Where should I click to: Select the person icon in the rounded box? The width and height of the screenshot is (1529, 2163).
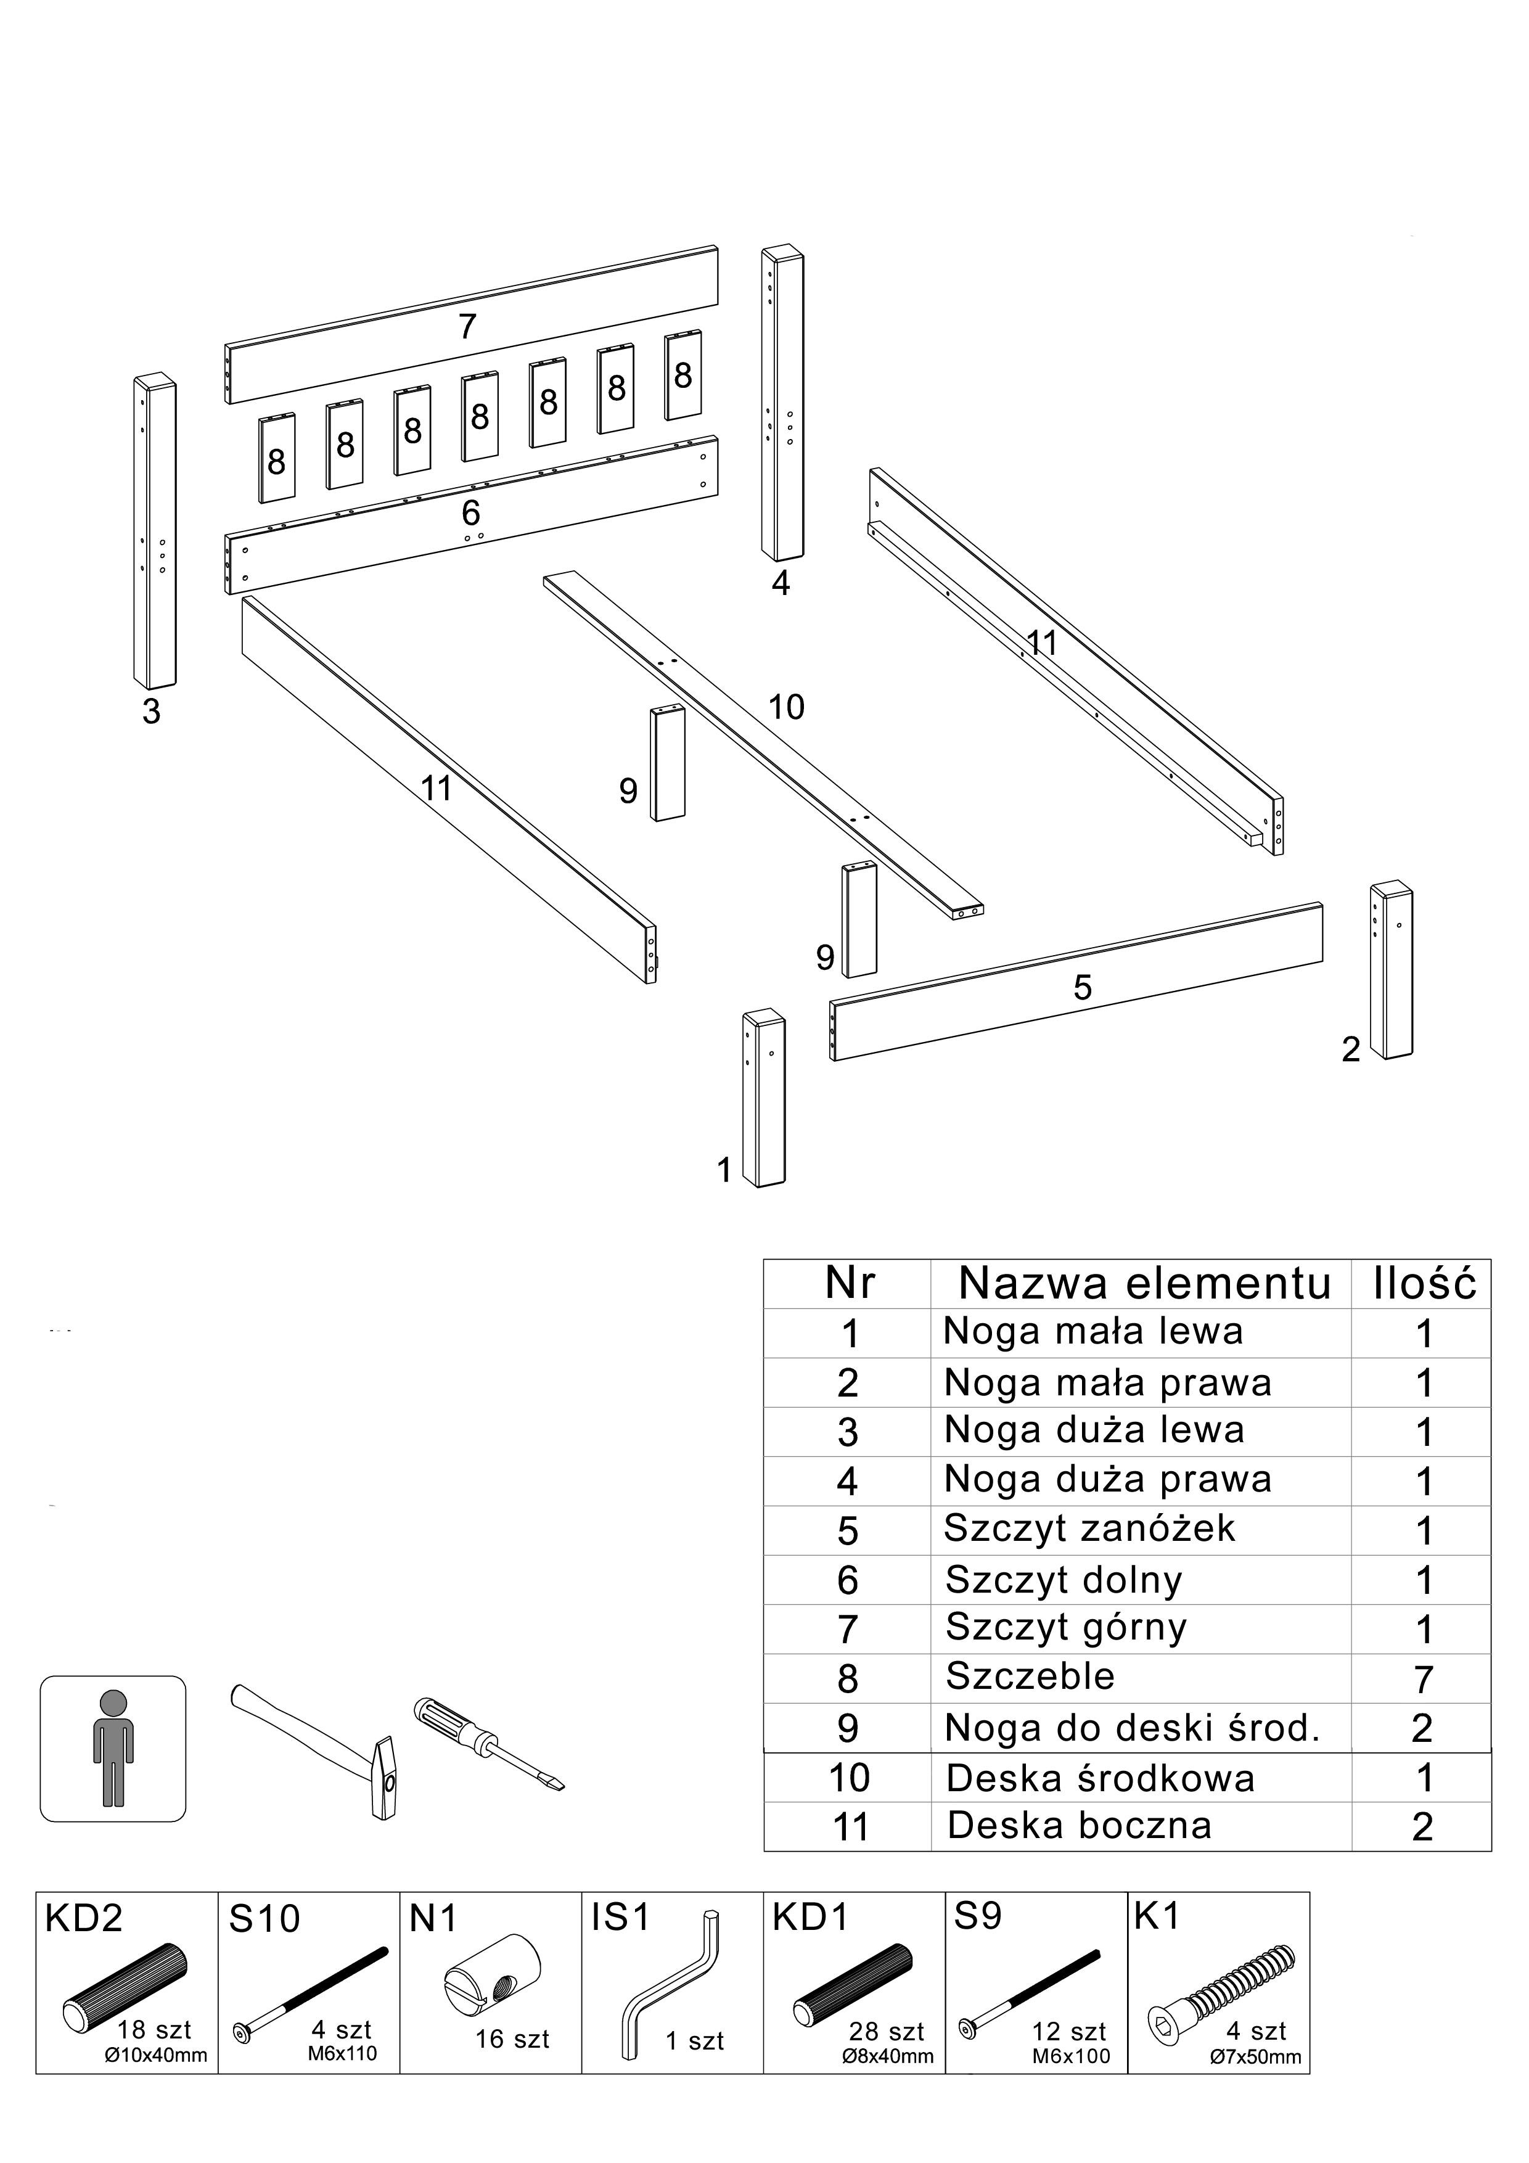tap(113, 1749)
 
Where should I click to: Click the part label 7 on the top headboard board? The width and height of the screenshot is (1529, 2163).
tap(467, 327)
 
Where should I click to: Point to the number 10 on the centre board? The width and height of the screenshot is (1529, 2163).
tap(785, 707)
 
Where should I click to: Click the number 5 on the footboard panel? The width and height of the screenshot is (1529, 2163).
tap(1083, 988)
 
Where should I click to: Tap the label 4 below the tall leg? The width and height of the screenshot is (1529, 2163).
tap(780, 584)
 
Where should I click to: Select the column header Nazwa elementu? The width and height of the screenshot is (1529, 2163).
tap(1145, 1283)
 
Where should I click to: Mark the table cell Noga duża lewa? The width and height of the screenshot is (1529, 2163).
tap(1094, 1430)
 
